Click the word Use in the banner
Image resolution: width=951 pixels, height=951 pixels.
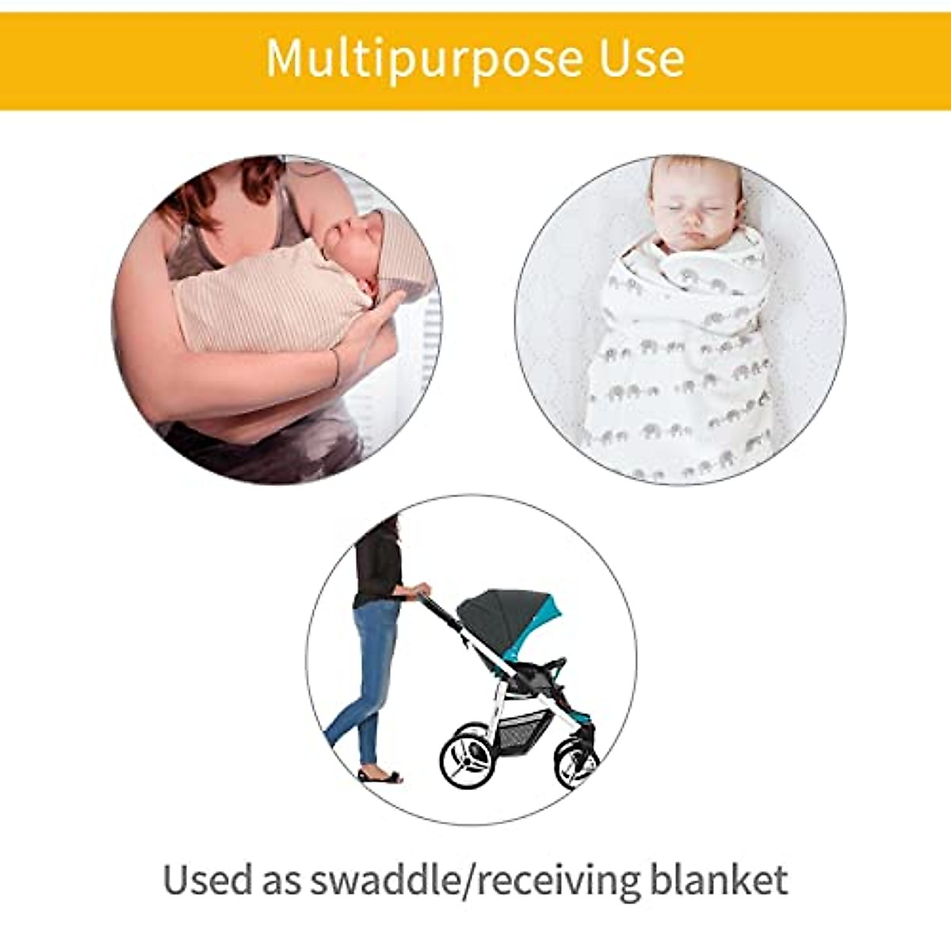(642, 58)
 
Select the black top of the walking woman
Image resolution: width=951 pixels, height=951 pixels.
(377, 563)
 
